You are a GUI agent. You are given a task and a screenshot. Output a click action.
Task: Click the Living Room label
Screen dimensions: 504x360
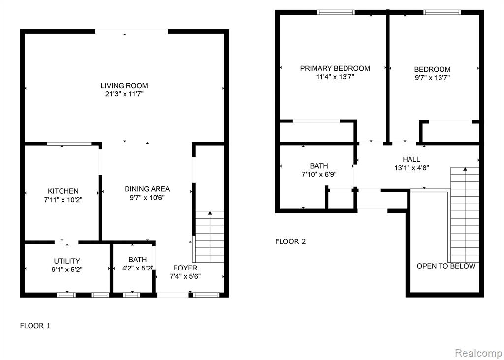click(125, 86)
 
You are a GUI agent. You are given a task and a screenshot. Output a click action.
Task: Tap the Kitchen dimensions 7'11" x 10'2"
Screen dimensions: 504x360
click(63, 200)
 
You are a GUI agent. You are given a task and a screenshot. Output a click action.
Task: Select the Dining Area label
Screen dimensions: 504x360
click(147, 189)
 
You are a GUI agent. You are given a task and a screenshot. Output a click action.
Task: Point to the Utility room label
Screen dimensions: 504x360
click(67, 261)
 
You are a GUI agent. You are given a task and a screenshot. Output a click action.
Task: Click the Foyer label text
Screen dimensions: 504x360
click(185, 268)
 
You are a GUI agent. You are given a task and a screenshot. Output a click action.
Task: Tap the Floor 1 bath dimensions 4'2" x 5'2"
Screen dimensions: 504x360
click(137, 268)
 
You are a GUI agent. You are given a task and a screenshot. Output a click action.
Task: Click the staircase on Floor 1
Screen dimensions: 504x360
click(210, 237)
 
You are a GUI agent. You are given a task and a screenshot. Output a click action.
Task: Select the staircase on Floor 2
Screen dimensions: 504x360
click(465, 214)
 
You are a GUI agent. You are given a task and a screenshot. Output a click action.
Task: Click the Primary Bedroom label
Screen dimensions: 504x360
click(335, 68)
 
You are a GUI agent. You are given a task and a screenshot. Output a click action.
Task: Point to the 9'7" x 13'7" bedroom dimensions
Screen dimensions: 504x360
click(432, 77)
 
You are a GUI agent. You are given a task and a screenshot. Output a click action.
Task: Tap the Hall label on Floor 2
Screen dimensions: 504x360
click(411, 159)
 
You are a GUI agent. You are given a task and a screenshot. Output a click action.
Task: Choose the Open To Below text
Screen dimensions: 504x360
click(446, 266)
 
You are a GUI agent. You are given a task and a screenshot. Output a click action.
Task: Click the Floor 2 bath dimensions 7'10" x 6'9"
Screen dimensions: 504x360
click(319, 175)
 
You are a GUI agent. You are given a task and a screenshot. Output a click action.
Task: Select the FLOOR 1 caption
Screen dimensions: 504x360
click(35, 326)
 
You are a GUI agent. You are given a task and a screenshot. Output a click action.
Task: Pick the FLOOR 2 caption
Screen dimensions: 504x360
click(290, 241)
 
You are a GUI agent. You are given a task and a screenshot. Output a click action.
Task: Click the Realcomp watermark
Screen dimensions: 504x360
click(478, 353)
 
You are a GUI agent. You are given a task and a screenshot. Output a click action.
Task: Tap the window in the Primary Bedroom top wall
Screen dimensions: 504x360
click(336, 12)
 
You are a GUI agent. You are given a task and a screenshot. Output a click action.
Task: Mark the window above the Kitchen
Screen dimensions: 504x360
click(69, 144)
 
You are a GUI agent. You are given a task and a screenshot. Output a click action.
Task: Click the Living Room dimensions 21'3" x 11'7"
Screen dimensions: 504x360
click(125, 94)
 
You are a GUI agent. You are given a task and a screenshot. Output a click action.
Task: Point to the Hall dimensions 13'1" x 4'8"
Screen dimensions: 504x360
click(411, 168)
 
